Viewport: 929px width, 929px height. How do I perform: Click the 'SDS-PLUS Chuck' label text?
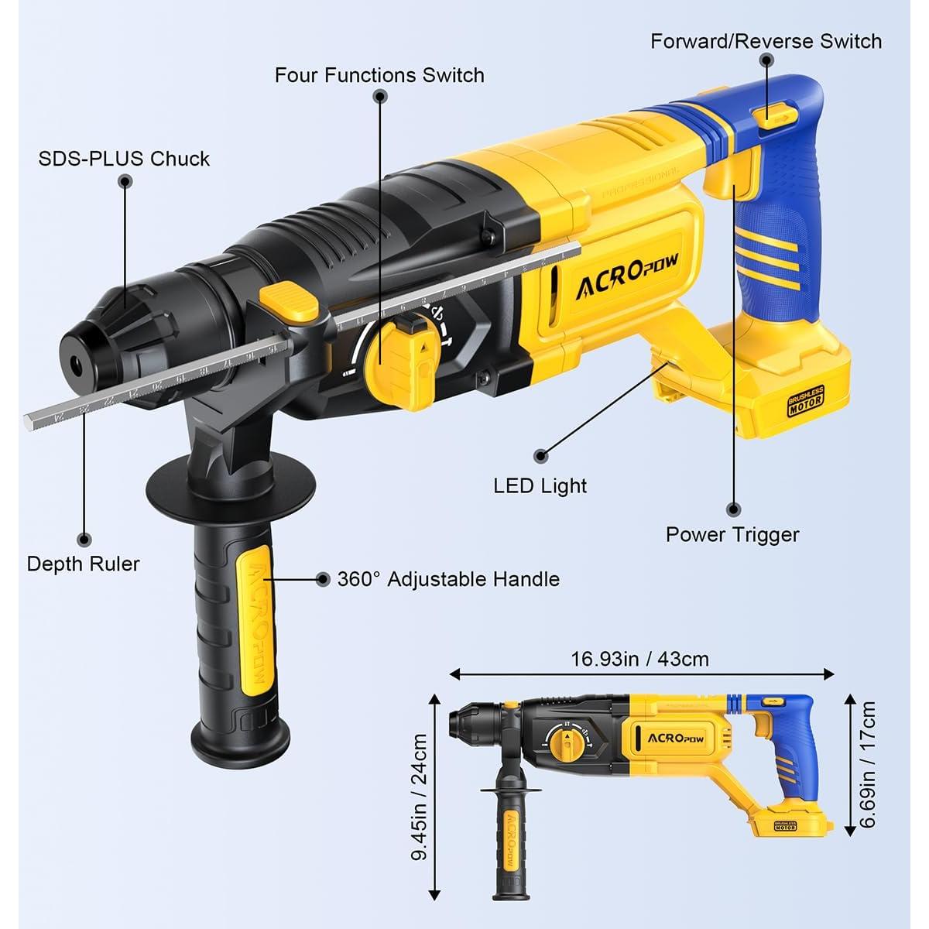pos(124,159)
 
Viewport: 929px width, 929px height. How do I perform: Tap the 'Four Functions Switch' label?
pos(379,75)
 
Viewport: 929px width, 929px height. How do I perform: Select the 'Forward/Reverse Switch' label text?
pos(766,41)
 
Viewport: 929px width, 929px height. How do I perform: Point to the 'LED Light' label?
pos(540,486)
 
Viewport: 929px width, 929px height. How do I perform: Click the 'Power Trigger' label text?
pos(732,534)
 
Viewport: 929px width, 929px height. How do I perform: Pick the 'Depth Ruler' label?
pos(83,564)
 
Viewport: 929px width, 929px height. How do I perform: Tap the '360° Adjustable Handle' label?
pos(448,579)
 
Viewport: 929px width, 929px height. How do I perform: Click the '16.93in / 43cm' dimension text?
pos(640,659)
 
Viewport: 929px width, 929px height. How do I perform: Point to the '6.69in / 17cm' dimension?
pos(868,765)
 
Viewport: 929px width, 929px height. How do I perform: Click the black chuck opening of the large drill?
pos(75,363)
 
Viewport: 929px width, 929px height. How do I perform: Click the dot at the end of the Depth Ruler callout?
pos(84,538)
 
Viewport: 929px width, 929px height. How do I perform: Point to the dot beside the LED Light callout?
pos(540,457)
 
